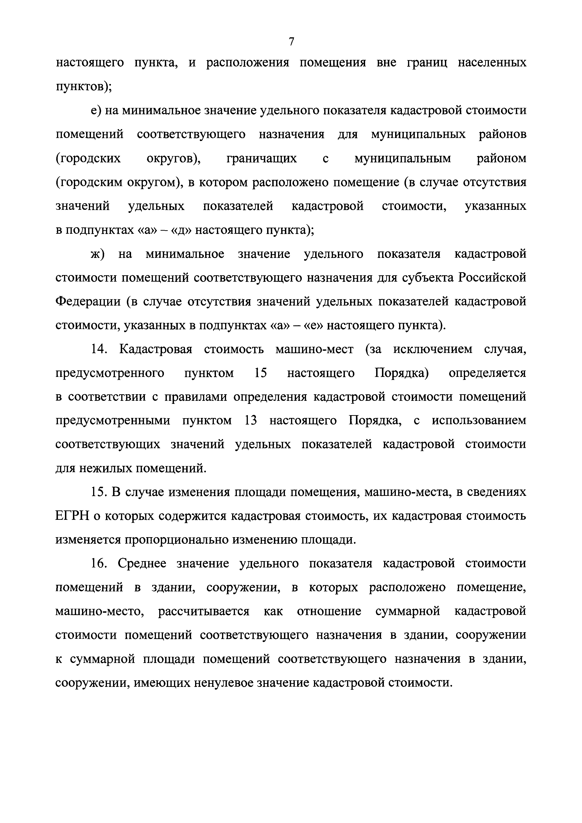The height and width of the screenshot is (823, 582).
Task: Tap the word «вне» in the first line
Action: (387, 63)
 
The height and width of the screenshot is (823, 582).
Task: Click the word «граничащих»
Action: (262, 158)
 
